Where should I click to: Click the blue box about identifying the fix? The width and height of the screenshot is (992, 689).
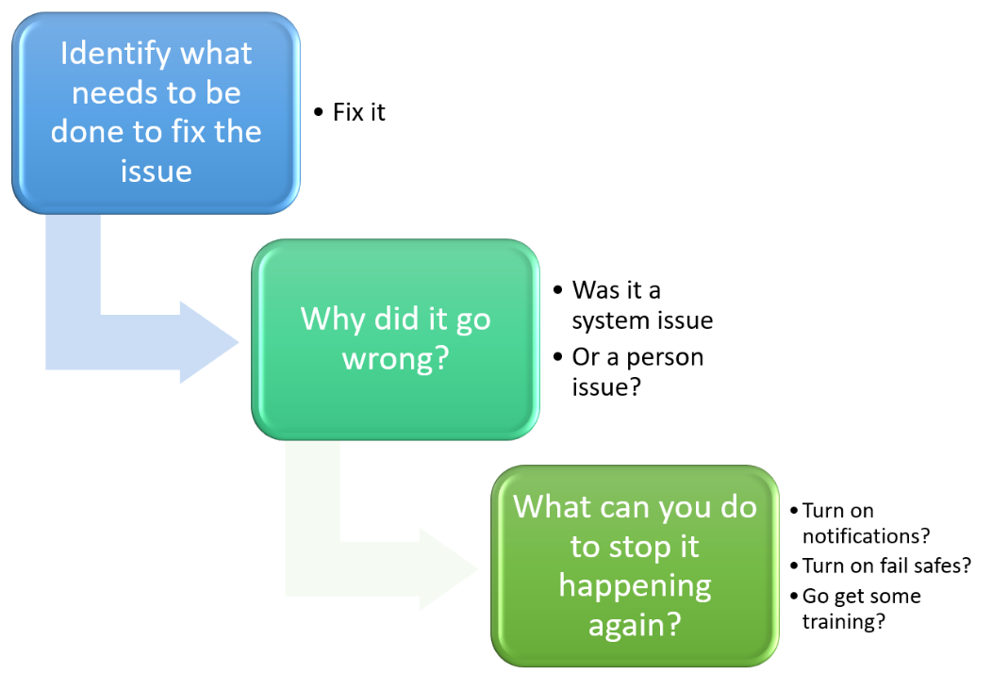tap(156, 113)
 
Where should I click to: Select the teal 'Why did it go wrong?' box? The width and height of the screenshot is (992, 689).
tap(395, 339)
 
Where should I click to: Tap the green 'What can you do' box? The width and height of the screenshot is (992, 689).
tap(635, 566)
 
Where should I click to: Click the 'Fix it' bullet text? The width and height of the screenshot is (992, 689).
tap(358, 112)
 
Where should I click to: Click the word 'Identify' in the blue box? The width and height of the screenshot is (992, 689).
tap(116, 54)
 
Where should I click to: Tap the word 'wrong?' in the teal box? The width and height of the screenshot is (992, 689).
tap(395, 359)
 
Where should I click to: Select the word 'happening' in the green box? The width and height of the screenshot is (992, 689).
tap(636, 586)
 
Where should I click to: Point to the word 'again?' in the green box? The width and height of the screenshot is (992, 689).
tap(636, 625)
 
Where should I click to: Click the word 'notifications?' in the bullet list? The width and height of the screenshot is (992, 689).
tap(866, 536)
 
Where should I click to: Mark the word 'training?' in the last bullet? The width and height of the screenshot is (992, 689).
tap(844, 621)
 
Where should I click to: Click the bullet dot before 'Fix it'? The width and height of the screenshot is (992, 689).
tap(318, 112)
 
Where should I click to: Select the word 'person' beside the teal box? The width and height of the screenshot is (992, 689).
tap(665, 358)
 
